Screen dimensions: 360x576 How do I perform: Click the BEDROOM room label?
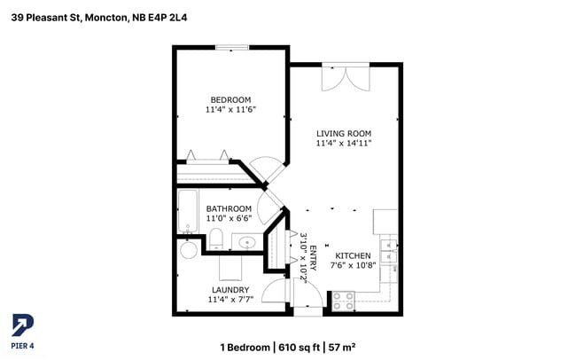(230, 99)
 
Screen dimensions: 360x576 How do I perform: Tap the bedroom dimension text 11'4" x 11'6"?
(230, 110)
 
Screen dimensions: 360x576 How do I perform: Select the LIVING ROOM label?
(344, 132)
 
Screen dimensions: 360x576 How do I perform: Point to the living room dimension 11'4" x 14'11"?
(344, 143)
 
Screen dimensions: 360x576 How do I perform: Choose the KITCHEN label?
(353, 255)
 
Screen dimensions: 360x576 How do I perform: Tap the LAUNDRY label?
(230, 289)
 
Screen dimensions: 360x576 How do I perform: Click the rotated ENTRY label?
(312, 256)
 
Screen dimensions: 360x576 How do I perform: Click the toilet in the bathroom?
(215, 238)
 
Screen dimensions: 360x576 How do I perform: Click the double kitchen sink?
(387, 252)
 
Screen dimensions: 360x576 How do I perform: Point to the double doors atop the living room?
(345, 77)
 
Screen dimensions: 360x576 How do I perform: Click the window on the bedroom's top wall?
(232, 47)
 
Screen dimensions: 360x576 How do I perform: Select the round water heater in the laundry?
(189, 250)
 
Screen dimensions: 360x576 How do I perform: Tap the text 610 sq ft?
(300, 347)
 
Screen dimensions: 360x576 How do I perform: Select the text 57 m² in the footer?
(342, 347)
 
